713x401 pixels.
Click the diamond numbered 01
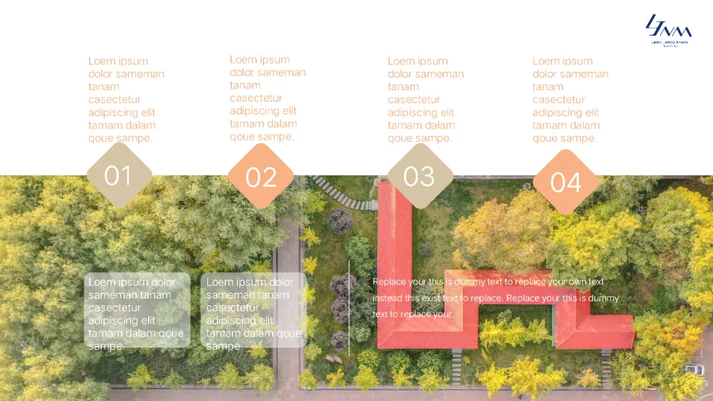coord(119,175)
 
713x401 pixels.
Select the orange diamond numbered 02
coord(261,177)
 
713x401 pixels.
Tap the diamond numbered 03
coord(419,176)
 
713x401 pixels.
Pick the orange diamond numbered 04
coord(566,182)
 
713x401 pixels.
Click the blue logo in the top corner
coord(668,30)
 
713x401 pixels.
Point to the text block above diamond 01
coord(125,100)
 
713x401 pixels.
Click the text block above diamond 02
coord(267,98)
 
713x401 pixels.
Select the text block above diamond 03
coord(425,100)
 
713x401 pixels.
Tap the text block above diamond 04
coord(570,100)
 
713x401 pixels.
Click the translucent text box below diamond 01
coord(137,310)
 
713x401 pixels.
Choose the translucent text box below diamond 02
coord(254,310)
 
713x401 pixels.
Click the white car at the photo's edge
coord(694,370)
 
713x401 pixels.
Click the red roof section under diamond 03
coord(394,264)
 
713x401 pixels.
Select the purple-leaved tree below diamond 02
coord(341,222)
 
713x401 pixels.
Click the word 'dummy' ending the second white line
coord(603,298)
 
